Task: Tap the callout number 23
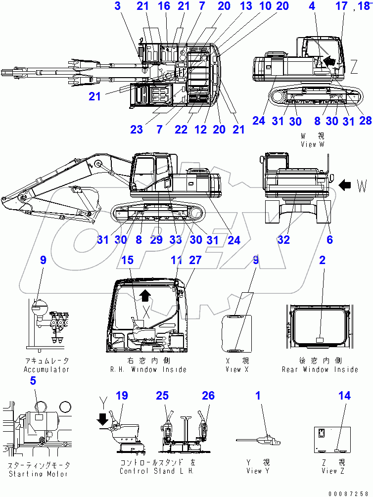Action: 137,130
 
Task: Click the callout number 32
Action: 283,240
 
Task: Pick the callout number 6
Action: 329,240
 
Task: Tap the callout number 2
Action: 322,260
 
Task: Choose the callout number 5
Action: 33,381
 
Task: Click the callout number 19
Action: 122,396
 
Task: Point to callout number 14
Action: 345,396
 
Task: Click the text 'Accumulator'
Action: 47,369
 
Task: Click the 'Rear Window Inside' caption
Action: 320,369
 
